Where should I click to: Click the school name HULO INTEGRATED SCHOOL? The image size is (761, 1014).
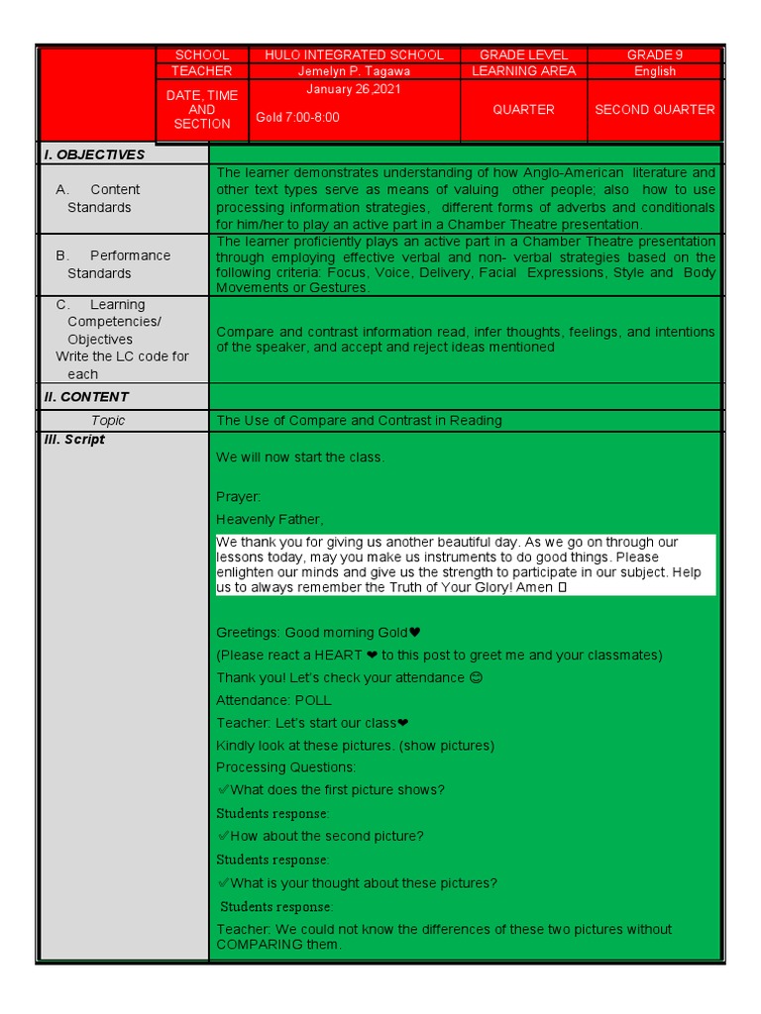[x=354, y=55]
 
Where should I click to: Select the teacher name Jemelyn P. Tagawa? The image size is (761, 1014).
[x=354, y=71]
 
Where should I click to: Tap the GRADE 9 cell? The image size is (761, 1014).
[x=654, y=55]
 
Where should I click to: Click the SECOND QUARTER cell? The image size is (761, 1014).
[x=654, y=110]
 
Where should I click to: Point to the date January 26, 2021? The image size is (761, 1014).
[x=354, y=89]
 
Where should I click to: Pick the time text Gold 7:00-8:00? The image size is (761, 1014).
[x=297, y=117]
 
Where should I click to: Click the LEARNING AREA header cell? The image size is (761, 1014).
[x=523, y=71]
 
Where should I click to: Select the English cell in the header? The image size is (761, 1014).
[x=654, y=71]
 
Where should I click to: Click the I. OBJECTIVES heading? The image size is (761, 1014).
[x=94, y=154]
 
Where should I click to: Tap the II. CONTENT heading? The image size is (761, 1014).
[x=86, y=397]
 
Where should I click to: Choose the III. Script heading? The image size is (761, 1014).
[x=74, y=440]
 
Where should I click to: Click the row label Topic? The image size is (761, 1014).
[x=108, y=421]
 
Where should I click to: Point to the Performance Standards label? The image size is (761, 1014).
[x=113, y=264]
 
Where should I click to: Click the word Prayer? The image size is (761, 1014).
[x=239, y=497]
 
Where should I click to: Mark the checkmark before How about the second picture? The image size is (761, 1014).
[x=223, y=836]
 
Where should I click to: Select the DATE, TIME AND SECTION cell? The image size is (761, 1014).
[x=201, y=110]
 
